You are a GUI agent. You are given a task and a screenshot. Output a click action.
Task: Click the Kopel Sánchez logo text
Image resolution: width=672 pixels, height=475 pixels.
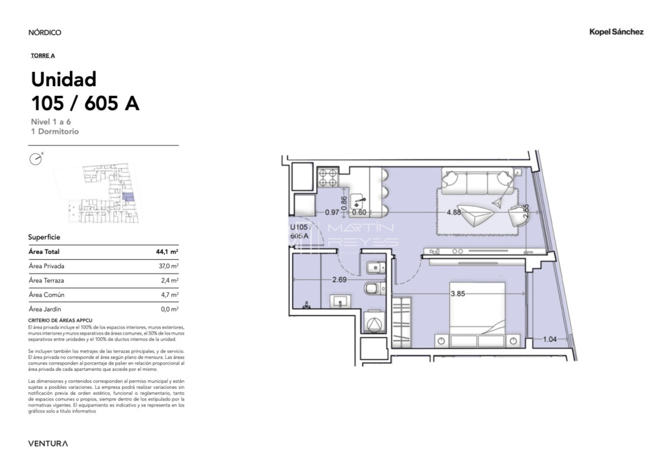tap(616, 32)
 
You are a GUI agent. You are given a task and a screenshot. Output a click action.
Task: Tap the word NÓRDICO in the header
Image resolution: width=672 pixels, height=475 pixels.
tap(45, 32)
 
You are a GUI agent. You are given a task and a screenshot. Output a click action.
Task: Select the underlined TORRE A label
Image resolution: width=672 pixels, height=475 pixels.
tap(43, 55)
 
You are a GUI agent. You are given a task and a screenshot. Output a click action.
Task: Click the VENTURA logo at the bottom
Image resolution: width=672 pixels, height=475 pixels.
tap(48, 444)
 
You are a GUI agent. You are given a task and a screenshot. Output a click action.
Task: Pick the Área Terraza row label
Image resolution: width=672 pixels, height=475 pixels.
tap(46, 281)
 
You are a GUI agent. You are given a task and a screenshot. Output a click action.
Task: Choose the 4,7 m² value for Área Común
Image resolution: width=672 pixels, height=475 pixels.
tap(171, 295)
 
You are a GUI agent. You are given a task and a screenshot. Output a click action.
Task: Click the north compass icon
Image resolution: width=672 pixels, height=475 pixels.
tap(36, 159)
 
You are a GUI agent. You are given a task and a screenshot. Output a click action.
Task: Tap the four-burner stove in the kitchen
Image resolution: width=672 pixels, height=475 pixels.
tap(328, 178)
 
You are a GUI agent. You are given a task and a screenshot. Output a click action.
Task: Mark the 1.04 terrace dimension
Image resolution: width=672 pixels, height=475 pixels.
tap(550, 339)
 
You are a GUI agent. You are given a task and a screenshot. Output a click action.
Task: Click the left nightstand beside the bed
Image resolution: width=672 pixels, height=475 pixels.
tap(442, 340)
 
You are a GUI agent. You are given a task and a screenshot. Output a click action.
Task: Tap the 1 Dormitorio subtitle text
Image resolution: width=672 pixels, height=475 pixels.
tap(55, 132)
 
